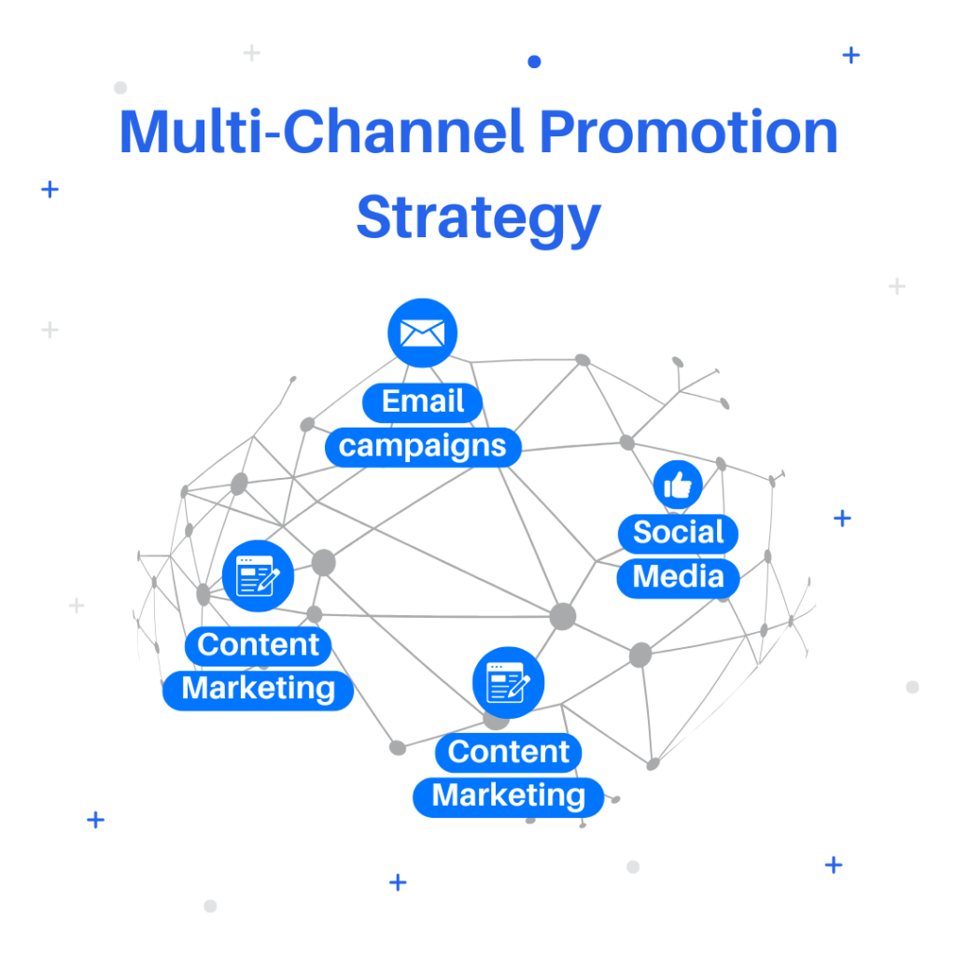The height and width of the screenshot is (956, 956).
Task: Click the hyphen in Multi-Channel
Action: point(273,138)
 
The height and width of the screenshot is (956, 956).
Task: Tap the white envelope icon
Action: point(422,333)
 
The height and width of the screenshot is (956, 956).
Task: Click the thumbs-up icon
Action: point(678,485)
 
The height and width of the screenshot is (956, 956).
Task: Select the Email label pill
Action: point(423,402)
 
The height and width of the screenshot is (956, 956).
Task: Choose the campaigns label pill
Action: point(423,447)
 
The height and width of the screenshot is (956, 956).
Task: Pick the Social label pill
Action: point(678,533)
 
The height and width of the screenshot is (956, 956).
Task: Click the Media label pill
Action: point(678,577)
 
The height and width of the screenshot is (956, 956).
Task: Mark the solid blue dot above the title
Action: point(534,62)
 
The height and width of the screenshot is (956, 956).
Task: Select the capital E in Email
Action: point(391,401)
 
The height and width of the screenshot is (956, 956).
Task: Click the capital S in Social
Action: point(643,532)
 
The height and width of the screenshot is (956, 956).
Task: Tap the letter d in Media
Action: point(689,576)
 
